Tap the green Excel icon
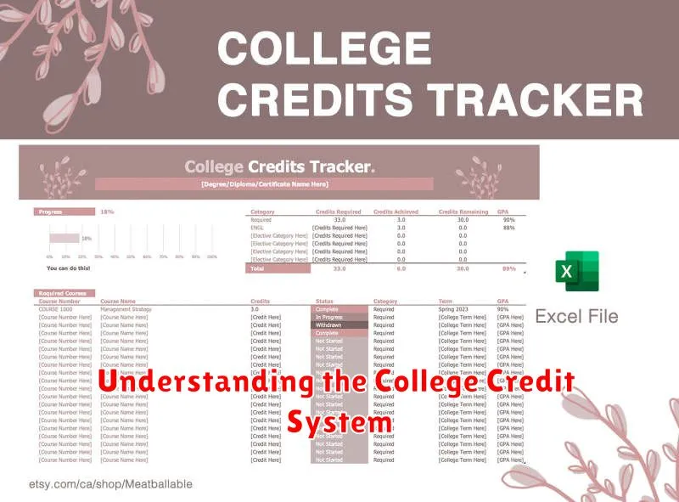tap(576, 272)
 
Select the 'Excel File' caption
tap(576, 317)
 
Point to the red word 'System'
tap(339, 420)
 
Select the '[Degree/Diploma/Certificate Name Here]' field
tap(264, 183)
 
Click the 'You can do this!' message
tap(69, 268)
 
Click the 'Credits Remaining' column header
tap(463, 212)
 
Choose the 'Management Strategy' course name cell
tap(126, 309)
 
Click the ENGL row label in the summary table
tap(257, 228)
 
